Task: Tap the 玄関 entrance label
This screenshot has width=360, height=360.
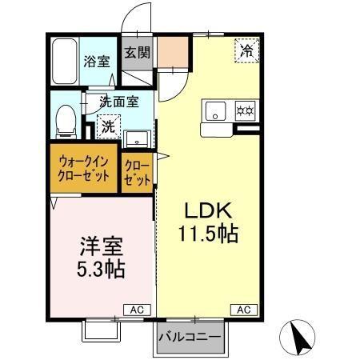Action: tap(137, 53)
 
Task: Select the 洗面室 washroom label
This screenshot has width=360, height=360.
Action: tap(119, 102)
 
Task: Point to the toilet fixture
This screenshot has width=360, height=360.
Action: tap(66, 122)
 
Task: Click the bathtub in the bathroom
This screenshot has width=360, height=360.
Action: tap(63, 61)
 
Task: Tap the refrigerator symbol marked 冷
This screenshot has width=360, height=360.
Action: tap(247, 50)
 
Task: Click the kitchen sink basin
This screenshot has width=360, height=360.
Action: tap(214, 110)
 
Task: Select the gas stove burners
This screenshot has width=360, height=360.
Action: tap(242, 110)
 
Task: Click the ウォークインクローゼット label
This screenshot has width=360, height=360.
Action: tap(84, 169)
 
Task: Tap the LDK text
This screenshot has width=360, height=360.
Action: tap(209, 211)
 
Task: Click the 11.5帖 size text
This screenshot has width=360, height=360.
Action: tap(210, 234)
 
